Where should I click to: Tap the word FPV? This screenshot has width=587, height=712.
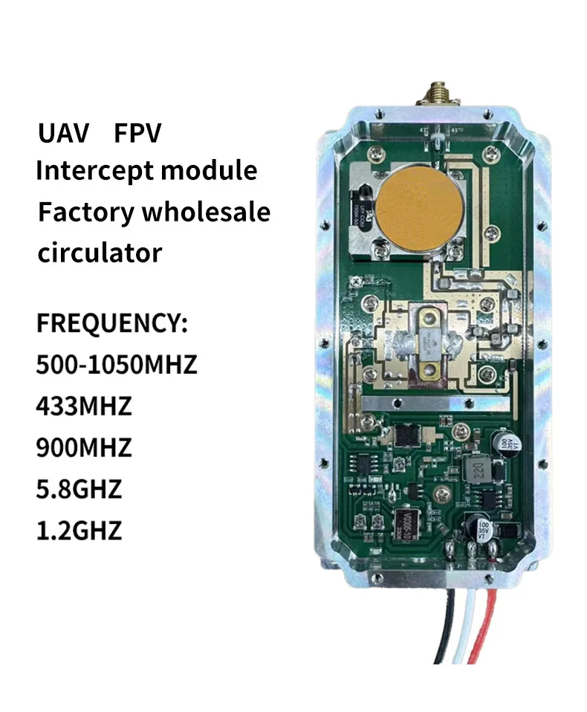(x=137, y=134)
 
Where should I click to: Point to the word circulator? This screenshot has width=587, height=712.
(x=100, y=253)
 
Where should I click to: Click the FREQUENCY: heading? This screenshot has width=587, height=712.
(x=112, y=325)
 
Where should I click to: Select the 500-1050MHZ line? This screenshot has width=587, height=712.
(x=117, y=366)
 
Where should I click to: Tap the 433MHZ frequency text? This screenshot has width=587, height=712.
(x=84, y=407)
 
